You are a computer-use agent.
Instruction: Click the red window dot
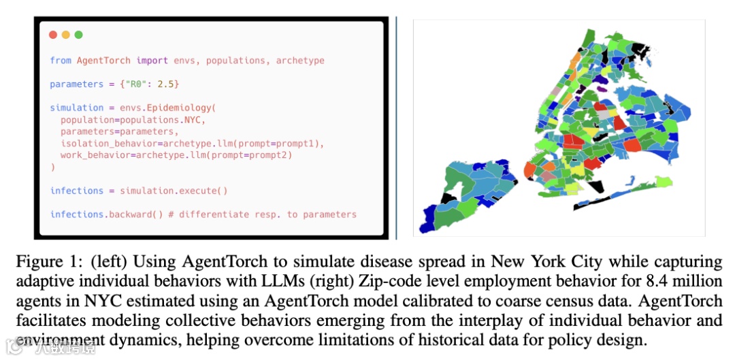click(x=53, y=35)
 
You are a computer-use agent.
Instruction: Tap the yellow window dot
click(x=65, y=35)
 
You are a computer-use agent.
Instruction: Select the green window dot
click(x=78, y=35)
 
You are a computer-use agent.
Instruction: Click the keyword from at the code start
click(x=61, y=61)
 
